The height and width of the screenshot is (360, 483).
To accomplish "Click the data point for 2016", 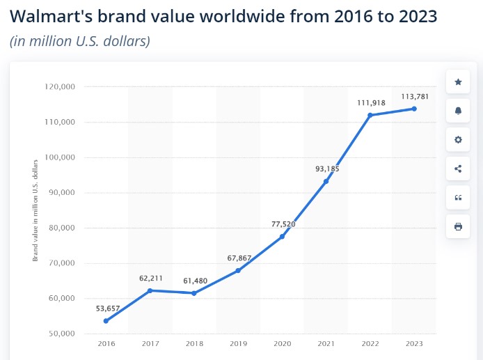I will point(106,321).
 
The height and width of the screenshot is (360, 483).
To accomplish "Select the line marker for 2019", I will point(238,270).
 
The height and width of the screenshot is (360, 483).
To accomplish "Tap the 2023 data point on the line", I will point(414,109).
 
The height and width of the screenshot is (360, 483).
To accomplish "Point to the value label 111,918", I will point(370,102).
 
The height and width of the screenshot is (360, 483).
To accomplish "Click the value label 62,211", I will point(150,278).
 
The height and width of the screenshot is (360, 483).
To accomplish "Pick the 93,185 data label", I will point(326,169).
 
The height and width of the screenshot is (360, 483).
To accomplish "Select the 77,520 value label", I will point(282,224).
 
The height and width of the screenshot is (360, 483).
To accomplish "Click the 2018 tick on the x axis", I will point(194,343).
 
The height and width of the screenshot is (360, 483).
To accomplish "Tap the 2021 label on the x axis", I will point(326,343).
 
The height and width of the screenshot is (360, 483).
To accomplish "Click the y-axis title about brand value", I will point(35,210).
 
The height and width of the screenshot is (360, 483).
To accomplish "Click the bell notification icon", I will point(458,111).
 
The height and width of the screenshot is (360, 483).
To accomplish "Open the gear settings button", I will point(458,139).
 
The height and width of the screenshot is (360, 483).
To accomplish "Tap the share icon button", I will point(458,169).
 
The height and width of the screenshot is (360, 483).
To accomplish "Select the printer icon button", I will point(458,226).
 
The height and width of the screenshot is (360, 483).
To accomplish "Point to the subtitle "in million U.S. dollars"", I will point(80,41).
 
